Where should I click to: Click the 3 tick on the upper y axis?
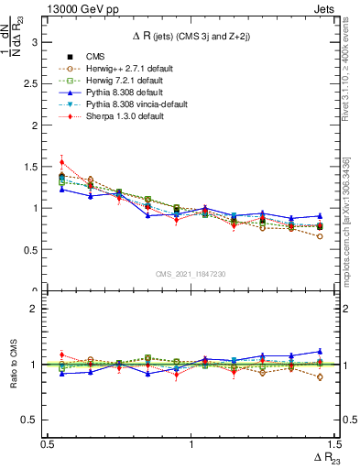point(33,42)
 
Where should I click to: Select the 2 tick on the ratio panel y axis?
point(33,309)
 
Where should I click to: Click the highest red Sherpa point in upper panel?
point(61,163)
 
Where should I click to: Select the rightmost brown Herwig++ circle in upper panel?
point(320,236)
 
